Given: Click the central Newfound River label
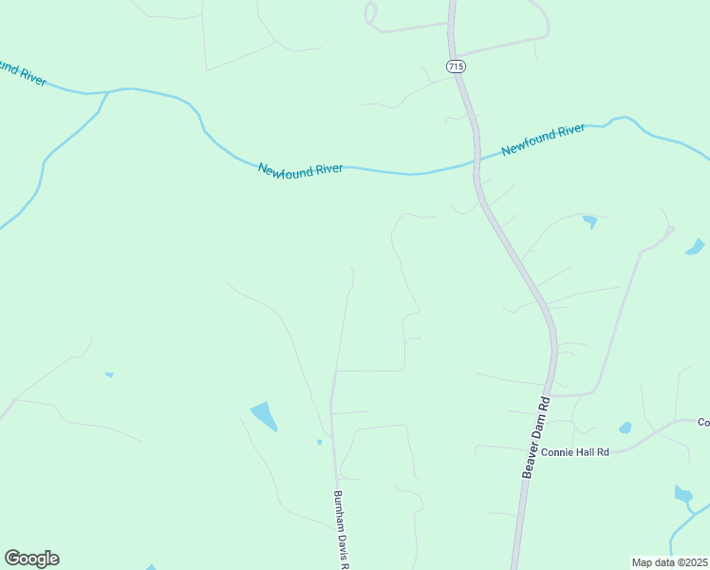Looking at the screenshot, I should tap(301, 168).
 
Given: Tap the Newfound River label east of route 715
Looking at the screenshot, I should tap(543, 139).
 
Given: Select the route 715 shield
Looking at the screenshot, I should tap(455, 66).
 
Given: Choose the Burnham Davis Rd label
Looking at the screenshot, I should tap(341, 528).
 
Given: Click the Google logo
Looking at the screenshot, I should tap(31, 559).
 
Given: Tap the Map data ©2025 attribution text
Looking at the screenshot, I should tap(670, 562).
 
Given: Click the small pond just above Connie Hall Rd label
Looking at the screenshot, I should tap(625, 427).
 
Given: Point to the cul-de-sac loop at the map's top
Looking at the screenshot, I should tap(370, 14).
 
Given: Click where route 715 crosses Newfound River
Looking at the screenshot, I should tap(475, 162).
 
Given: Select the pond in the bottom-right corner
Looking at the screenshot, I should tap(682, 494).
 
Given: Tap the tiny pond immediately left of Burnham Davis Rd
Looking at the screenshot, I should tap(319, 442).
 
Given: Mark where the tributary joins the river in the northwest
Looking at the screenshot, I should tap(105, 92).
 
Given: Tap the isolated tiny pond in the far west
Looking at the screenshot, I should tap(109, 374).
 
